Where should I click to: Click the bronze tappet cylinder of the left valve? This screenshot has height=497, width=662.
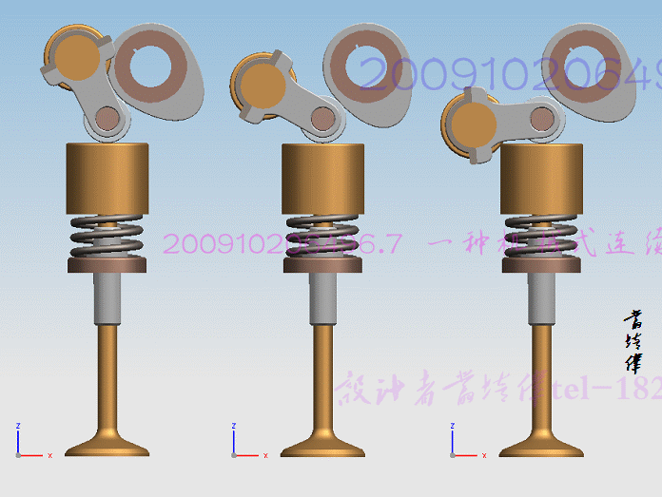click(107, 180)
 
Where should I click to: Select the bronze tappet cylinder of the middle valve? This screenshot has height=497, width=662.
click(324, 180)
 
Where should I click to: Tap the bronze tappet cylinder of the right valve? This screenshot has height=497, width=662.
click(542, 180)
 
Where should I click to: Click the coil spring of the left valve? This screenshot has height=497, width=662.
click(107, 239)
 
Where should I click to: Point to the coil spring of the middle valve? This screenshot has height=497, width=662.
click(324, 239)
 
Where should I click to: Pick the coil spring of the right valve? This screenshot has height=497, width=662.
click(542, 239)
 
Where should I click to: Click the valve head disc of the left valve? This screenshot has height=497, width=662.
click(107, 446)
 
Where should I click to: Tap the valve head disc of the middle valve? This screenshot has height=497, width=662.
click(324, 446)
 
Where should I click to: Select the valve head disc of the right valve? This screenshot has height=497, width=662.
click(542, 446)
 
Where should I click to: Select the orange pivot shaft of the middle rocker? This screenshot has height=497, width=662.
click(263, 86)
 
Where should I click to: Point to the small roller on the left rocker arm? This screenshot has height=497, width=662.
click(107, 119)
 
